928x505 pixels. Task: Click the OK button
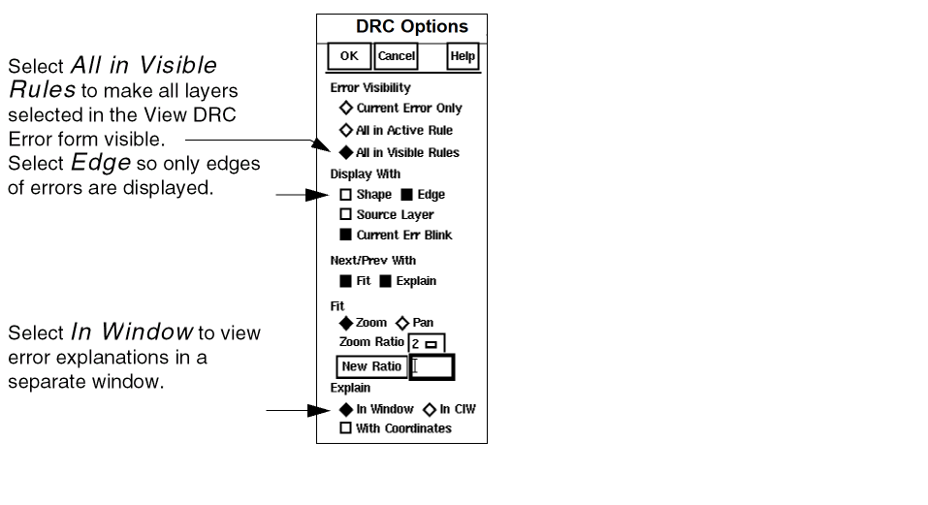click(349, 56)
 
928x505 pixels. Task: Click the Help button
click(463, 56)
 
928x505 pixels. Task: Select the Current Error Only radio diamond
click(345, 109)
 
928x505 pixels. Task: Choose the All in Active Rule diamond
click(345, 130)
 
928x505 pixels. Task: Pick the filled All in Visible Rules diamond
click(345, 152)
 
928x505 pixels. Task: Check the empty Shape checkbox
click(346, 195)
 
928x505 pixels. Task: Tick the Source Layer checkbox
click(346, 214)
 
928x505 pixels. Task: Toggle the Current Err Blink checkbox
click(346, 235)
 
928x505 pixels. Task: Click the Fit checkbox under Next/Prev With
click(346, 281)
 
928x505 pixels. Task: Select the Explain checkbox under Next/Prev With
click(385, 281)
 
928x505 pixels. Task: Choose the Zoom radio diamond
click(346, 323)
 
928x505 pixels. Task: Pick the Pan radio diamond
click(402, 323)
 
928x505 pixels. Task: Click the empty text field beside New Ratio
click(432, 366)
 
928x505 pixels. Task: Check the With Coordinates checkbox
click(346, 428)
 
